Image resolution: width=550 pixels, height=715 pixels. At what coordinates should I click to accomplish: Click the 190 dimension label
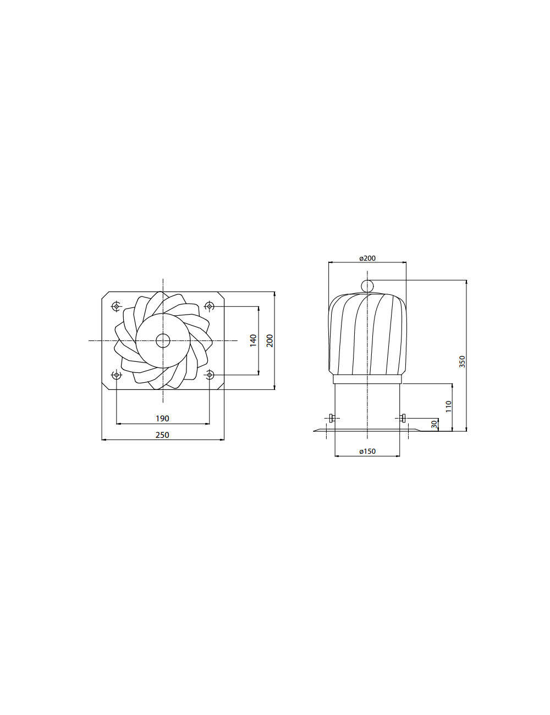pos(162,418)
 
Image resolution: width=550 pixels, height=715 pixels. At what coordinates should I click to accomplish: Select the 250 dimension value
pos(162,435)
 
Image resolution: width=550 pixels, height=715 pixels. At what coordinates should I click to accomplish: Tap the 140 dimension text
pos(253,340)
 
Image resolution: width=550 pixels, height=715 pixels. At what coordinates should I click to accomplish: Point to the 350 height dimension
pos(462,361)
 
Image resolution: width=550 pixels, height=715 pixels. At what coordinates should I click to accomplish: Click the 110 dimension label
pos(449,406)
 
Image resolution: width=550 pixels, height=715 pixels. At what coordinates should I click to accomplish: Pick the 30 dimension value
pos(435,424)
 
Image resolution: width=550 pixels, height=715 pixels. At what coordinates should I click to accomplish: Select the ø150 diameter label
pos(367,451)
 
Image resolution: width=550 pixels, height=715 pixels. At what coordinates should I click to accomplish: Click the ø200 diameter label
pos(367,258)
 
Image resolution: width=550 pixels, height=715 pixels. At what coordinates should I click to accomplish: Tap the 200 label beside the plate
pos(269,340)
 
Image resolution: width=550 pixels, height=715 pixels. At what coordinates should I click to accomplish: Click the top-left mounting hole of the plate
pos(116,307)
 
